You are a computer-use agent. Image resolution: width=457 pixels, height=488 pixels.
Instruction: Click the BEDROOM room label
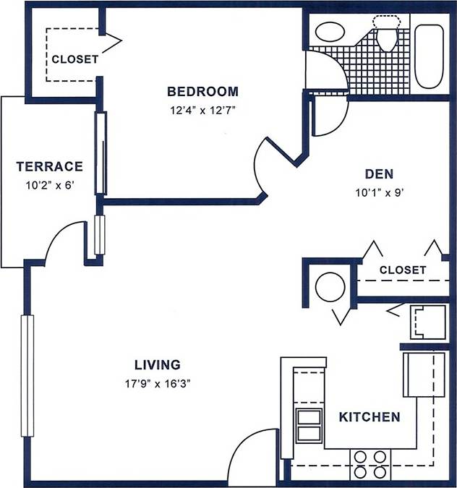(202, 92)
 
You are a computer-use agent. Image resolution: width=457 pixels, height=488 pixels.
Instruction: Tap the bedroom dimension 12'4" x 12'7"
(202, 111)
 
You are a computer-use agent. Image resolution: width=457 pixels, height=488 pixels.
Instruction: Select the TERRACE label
(49, 167)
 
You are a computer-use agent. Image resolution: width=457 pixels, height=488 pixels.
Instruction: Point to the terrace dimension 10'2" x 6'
(49, 185)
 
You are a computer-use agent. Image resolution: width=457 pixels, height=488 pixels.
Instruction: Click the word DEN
(379, 174)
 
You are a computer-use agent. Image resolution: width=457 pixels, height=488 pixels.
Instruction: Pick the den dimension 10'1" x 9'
(379, 192)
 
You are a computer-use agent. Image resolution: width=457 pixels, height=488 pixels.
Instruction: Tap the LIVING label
(157, 365)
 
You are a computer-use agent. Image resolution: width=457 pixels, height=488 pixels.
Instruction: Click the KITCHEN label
(370, 417)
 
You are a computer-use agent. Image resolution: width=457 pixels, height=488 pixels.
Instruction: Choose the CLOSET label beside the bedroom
(74, 60)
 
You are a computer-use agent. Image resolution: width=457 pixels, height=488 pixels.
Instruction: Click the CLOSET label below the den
(403, 270)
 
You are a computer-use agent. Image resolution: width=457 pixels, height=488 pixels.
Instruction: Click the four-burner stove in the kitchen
(370, 463)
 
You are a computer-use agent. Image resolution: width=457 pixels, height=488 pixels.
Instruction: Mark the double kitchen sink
(309, 425)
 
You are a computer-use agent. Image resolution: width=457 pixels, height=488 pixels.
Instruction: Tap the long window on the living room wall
(28, 376)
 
